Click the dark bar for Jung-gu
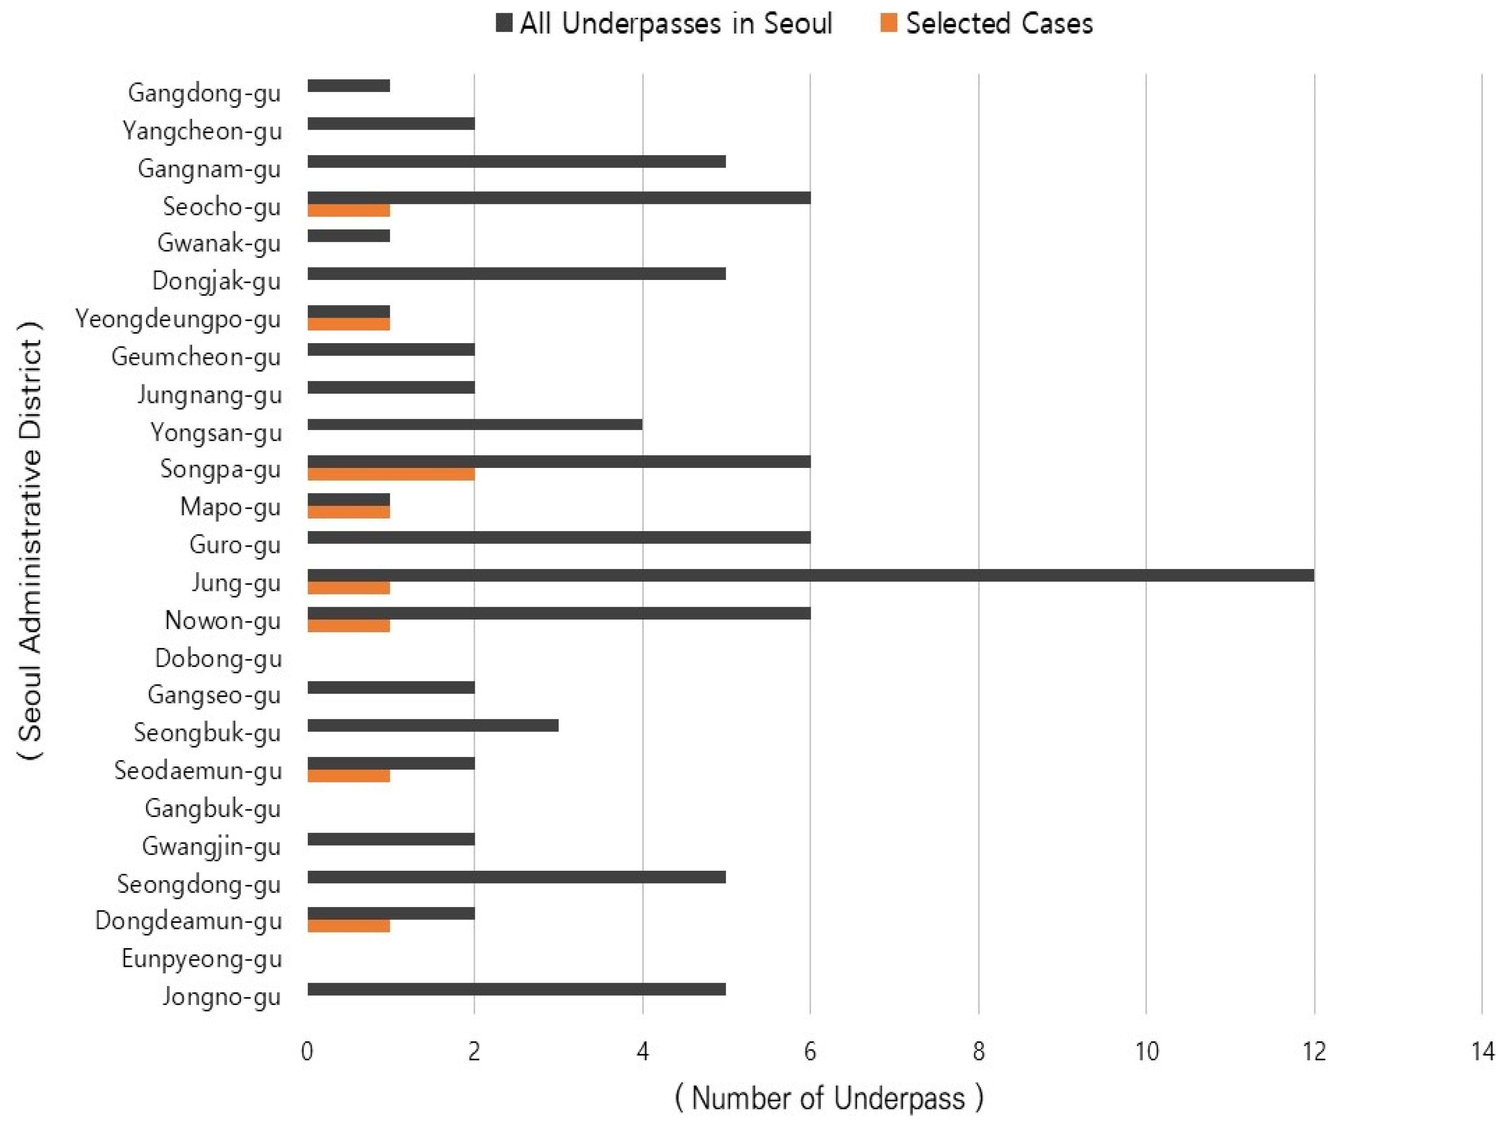pyautogui.click(x=810, y=575)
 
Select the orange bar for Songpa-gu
pyautogui.click(x=391, y=474)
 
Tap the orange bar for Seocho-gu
pyautogui.click(x=349, y=211)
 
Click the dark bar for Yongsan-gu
pyautogui.click(x=475, y=424)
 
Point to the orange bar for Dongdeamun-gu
pyautogui.click(x=349, y=926)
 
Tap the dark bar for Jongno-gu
pyautogui.click(x=516, y=989)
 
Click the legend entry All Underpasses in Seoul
pyautogui.click(x=676, y=24)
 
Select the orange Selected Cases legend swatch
pyautogui.click(x=888, y=24)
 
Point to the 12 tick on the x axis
pyautogui.click(x=1314, y=1051)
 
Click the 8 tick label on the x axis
pyautogui.click(x=978, y=1051)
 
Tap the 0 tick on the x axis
pyautogui.click(x=307, y=1051)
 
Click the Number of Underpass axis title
pyautogui.click(x=829, y=1098)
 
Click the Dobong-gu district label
pyautogui.click(x=218, y=658)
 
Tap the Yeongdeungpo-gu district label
pyautogui.click(x=178, y=319)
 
